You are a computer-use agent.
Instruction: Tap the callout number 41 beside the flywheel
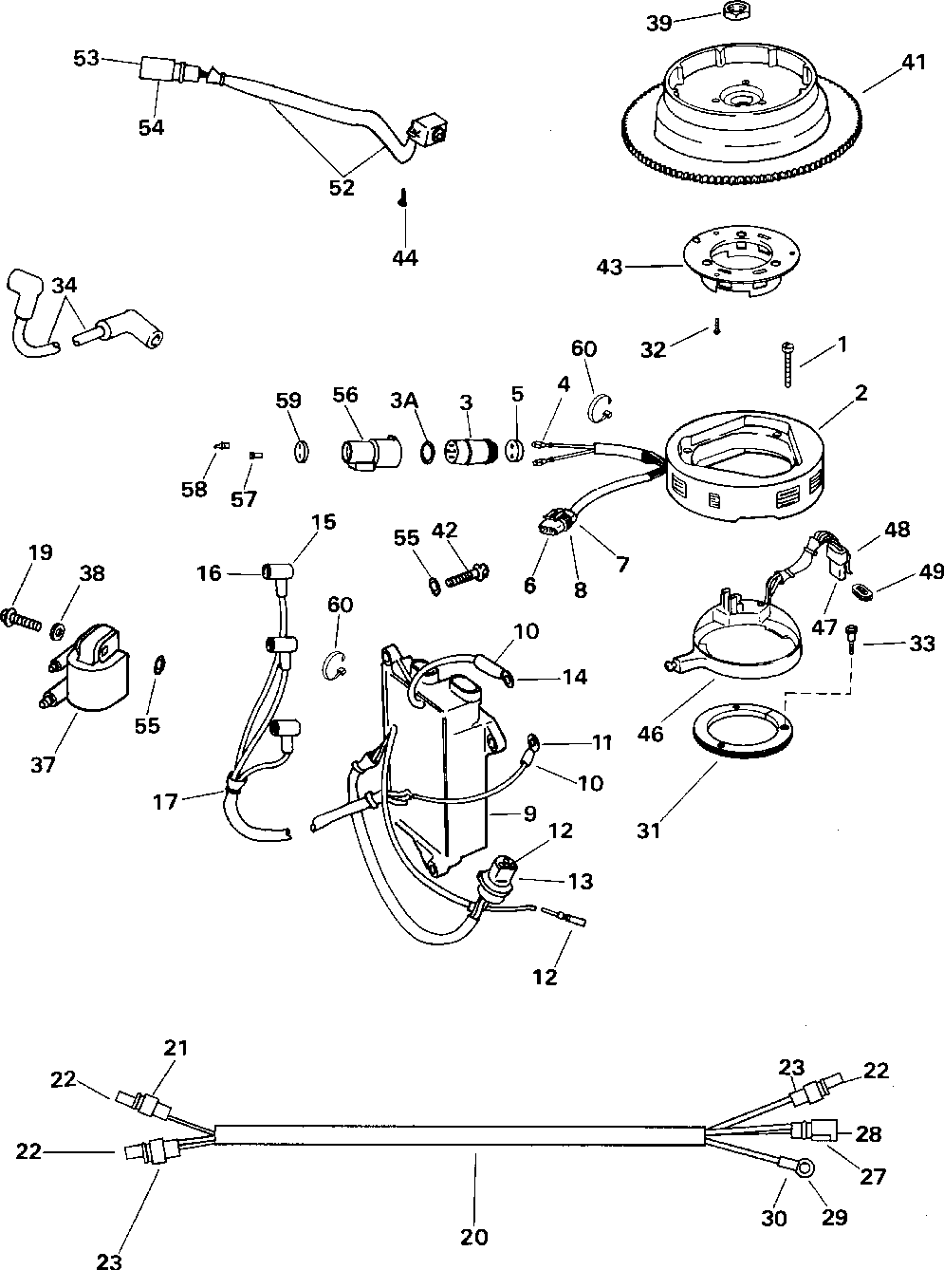coord(913,64)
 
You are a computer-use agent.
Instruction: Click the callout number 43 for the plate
coord(610,268)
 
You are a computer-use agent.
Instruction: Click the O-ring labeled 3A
coord(428,451)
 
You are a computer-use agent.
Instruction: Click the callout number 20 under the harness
coord(474,1236)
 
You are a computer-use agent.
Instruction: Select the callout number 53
coord(86,59)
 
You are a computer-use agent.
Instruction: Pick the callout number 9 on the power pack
coord(529,813)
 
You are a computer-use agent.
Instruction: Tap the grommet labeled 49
coord(862,594)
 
